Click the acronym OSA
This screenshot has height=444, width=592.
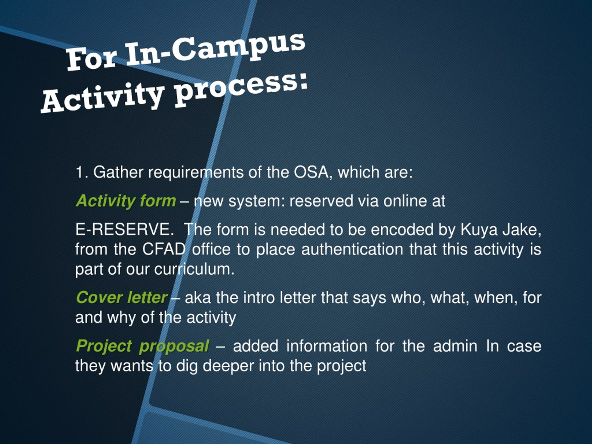(311, 172)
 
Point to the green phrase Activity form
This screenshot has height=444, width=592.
(126, 201)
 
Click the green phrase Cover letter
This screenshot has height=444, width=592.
(122, 298)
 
